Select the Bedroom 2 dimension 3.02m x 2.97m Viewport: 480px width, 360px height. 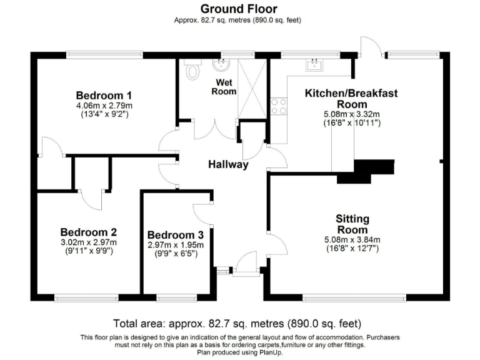pos(88,242)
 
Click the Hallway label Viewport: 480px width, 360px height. pos(228,165)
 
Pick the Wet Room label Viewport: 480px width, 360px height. pos(226,87)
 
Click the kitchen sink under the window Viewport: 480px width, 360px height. pos(312,64)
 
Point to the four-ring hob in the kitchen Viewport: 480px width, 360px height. pos(278,106)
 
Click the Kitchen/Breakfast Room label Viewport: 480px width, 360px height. pos(351,98)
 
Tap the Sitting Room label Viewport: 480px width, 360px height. pos(352,224)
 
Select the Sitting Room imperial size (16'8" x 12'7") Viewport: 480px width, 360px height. pos(352,248)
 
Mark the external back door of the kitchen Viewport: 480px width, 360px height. pos(369,45)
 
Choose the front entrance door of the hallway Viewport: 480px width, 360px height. pos(246,262)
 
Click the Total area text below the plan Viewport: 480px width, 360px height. pos(237,324)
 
